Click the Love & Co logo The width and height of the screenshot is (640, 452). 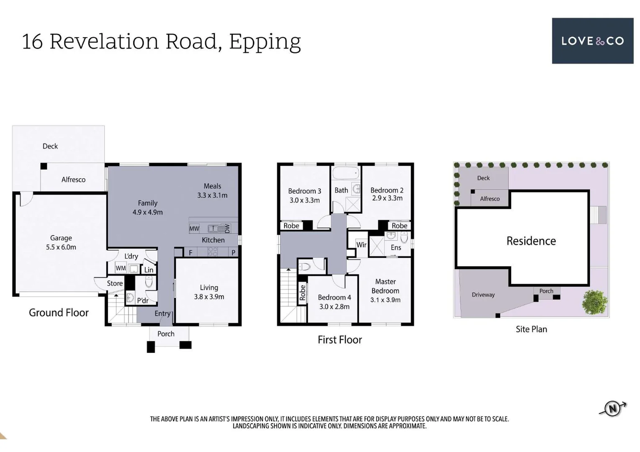(x=592, y=41)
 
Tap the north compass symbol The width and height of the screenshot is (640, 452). (x=613, y=408)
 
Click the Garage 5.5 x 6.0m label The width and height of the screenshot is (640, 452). (x=61, y=242)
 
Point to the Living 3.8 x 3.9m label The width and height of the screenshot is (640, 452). (x=209, y=292)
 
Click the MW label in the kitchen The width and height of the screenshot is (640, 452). (x=194, y=229)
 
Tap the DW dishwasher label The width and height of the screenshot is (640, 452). (x=227, y=229)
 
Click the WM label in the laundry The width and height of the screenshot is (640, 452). (x=121, y=268)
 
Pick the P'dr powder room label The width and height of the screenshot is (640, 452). (x=143, y=300)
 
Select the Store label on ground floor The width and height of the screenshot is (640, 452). (x=115, y=283)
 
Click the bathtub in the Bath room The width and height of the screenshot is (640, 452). (x=346, y=173)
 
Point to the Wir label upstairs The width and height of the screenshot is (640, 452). (x=361, y=245)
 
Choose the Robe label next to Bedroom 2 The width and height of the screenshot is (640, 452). (x=399, y=226)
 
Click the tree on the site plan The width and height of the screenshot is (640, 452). (x=594, y=302)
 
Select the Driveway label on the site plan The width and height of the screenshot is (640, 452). (x=483, y=295)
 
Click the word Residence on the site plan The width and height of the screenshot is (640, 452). (x=531, y=241)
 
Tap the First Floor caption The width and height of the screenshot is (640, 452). (x=339, y=339)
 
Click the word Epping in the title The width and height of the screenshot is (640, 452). (x=265, y=41)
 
